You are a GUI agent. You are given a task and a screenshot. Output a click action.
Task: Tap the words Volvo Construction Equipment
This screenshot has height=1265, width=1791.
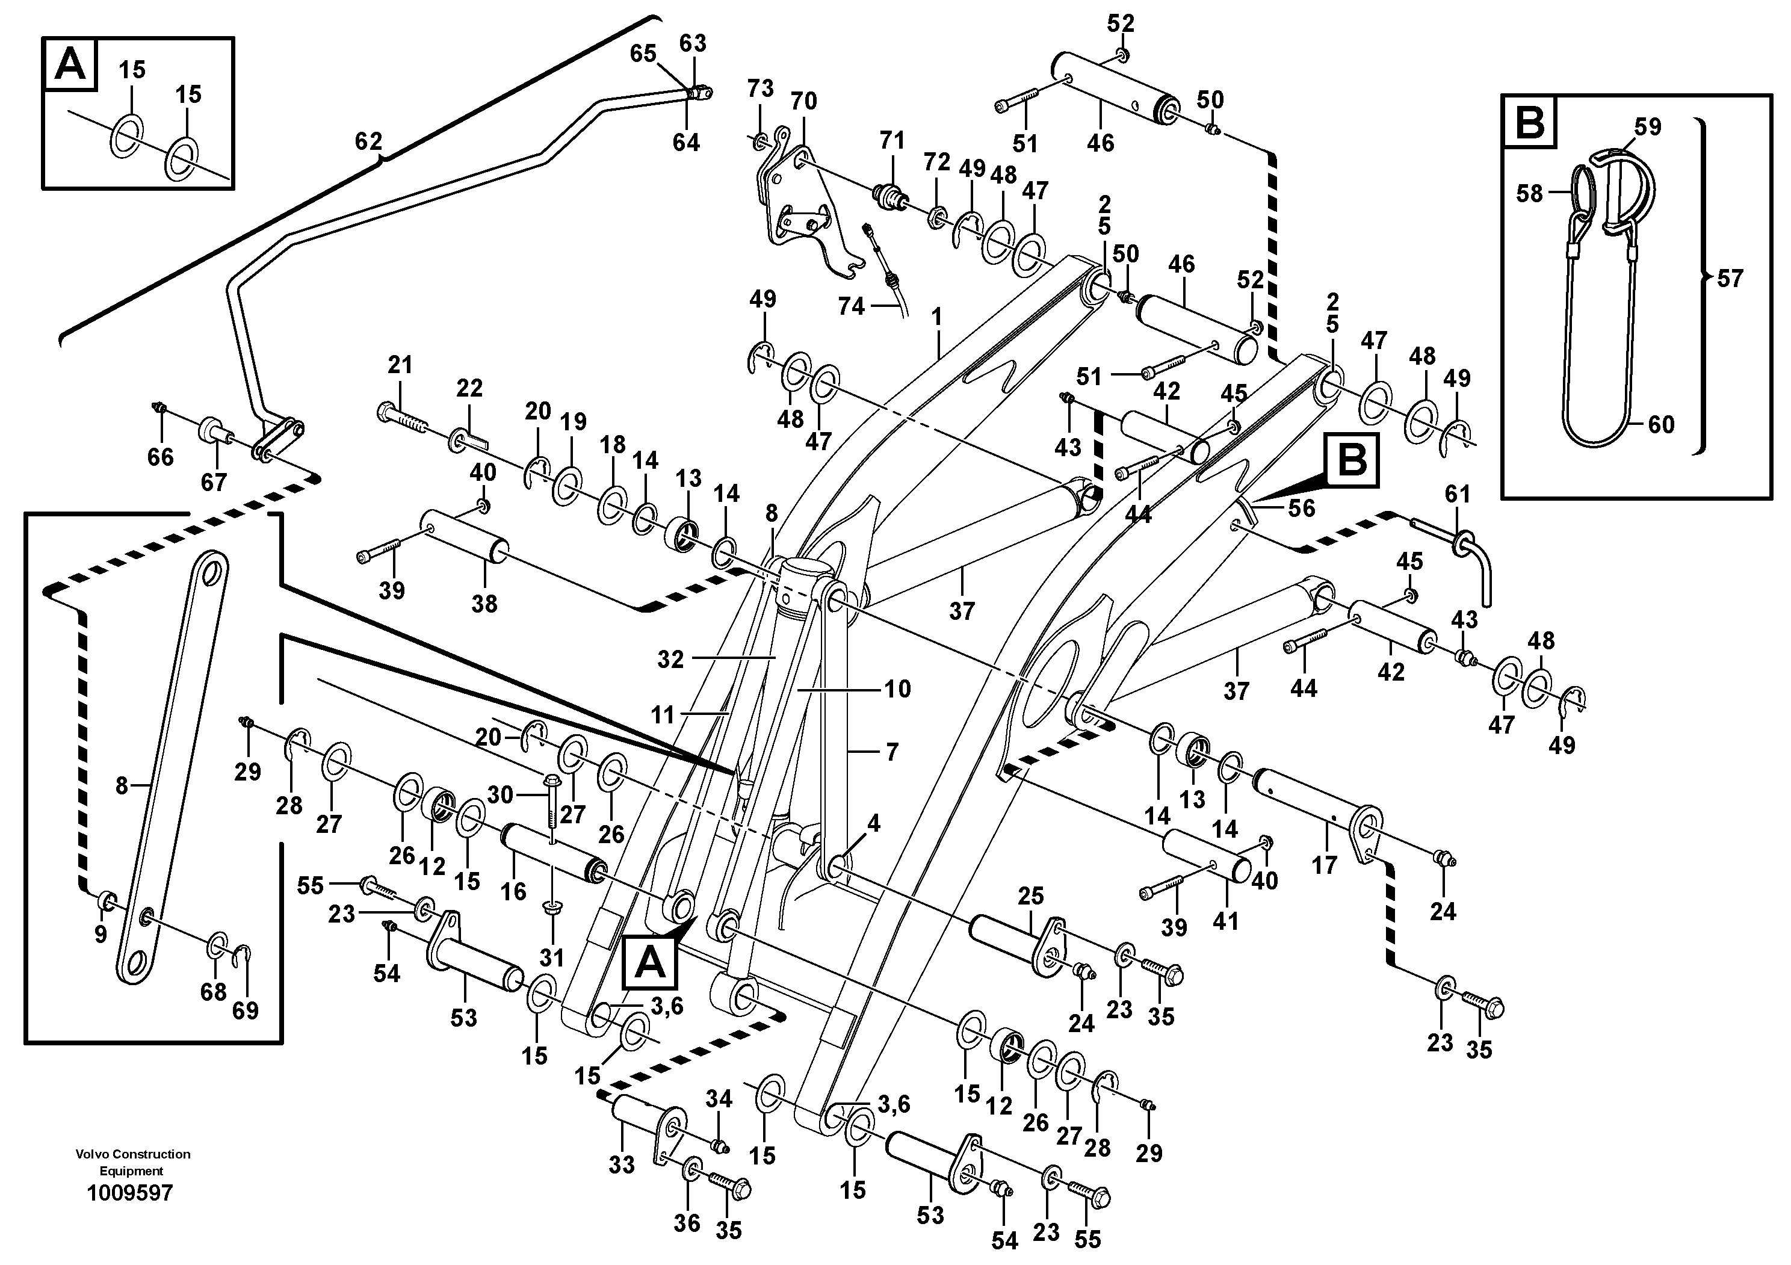(132, 1162)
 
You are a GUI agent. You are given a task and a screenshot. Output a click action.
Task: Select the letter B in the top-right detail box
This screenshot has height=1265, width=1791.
(1528, 122)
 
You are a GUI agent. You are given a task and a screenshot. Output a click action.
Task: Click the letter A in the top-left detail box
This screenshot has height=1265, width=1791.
(71, 64)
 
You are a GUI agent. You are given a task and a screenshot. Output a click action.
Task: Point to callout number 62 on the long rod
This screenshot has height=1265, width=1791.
(368, 141)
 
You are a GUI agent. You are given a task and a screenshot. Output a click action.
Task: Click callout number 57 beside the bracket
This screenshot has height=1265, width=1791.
(1730, 279)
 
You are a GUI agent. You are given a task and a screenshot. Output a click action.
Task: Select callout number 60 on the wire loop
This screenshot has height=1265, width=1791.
(1662, 424)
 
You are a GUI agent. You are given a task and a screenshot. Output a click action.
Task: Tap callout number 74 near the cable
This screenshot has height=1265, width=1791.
(851, 306)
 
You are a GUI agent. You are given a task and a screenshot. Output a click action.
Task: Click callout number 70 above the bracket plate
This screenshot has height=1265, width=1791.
(803, 101)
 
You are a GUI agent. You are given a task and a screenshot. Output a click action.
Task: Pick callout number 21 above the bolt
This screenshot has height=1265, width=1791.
(400, 364)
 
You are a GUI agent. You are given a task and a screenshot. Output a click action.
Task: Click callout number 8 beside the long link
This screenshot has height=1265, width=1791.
(121, 785)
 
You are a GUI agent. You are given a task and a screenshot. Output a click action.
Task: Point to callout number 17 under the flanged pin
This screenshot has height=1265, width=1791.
(1324, 864)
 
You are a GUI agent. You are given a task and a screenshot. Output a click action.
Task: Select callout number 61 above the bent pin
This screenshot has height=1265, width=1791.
(1457, 493)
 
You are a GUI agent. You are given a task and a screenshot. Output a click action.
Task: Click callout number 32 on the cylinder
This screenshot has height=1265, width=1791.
(670, 659)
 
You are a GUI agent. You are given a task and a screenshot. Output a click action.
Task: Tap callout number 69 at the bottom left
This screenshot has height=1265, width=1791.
(245, 1011)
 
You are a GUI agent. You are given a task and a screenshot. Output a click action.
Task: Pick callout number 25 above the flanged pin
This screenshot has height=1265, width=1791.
(1030, 896)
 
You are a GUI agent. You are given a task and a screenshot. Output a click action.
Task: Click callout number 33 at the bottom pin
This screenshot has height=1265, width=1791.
(622, 1164)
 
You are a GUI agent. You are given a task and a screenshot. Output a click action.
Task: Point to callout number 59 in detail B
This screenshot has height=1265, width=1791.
(1648, 126)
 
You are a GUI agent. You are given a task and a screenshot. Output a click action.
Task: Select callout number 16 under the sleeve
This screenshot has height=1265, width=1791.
(513, 891)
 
